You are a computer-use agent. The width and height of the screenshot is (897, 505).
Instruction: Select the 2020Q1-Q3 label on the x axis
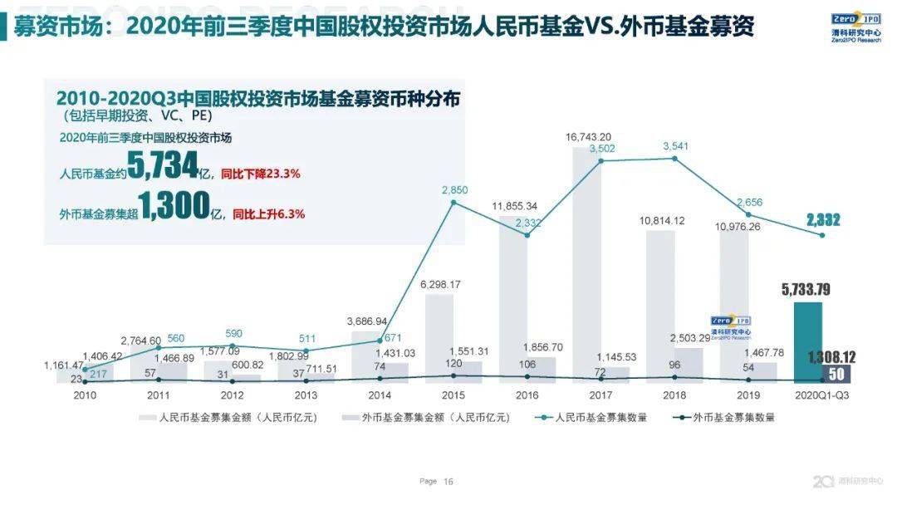point(822,395)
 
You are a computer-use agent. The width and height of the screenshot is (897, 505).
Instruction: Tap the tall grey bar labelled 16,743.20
point(586,266)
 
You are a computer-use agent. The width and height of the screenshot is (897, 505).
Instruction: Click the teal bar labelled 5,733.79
point(808,341)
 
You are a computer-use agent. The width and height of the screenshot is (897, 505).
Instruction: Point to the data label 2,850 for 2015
point(454,190)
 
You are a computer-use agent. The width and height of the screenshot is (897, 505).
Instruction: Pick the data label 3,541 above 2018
point(676,146)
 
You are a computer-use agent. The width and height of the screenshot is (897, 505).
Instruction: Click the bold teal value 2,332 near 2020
point(823,220)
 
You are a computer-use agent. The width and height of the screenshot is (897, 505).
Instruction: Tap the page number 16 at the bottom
point(448,481)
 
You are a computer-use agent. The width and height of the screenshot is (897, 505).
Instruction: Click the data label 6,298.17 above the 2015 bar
point(439,283)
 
